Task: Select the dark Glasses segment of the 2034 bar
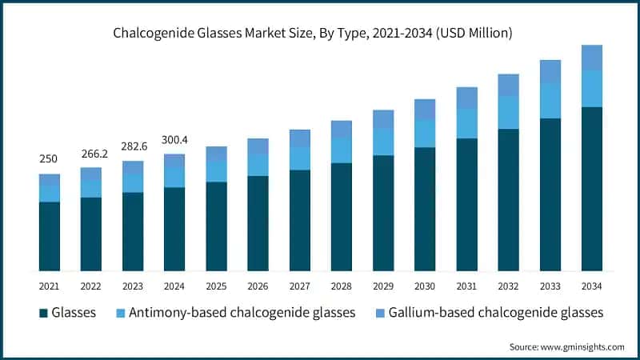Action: [x=591, y=188]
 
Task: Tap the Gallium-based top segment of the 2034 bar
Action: [x=591, y=57]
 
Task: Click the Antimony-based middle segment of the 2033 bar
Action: [x=550, y=101]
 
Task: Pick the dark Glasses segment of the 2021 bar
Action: [x=50, y=236]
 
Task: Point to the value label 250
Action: [x=49, y=159]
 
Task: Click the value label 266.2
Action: [x=90, y=153]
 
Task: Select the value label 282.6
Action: [x=133, y=146]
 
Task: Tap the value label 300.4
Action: [x=174, y=139]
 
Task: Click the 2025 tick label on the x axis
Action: [x=216, y=286]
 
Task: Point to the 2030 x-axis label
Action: [x=425, y=286]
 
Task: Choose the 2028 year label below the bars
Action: [x=341, y=286]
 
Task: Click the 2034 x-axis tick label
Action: [x=591, y=286]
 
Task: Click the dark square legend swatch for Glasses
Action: [x=42, y=313]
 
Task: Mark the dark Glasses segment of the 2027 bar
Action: [x=299, y=220]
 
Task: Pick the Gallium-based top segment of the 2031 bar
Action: [x=466, y=98]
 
